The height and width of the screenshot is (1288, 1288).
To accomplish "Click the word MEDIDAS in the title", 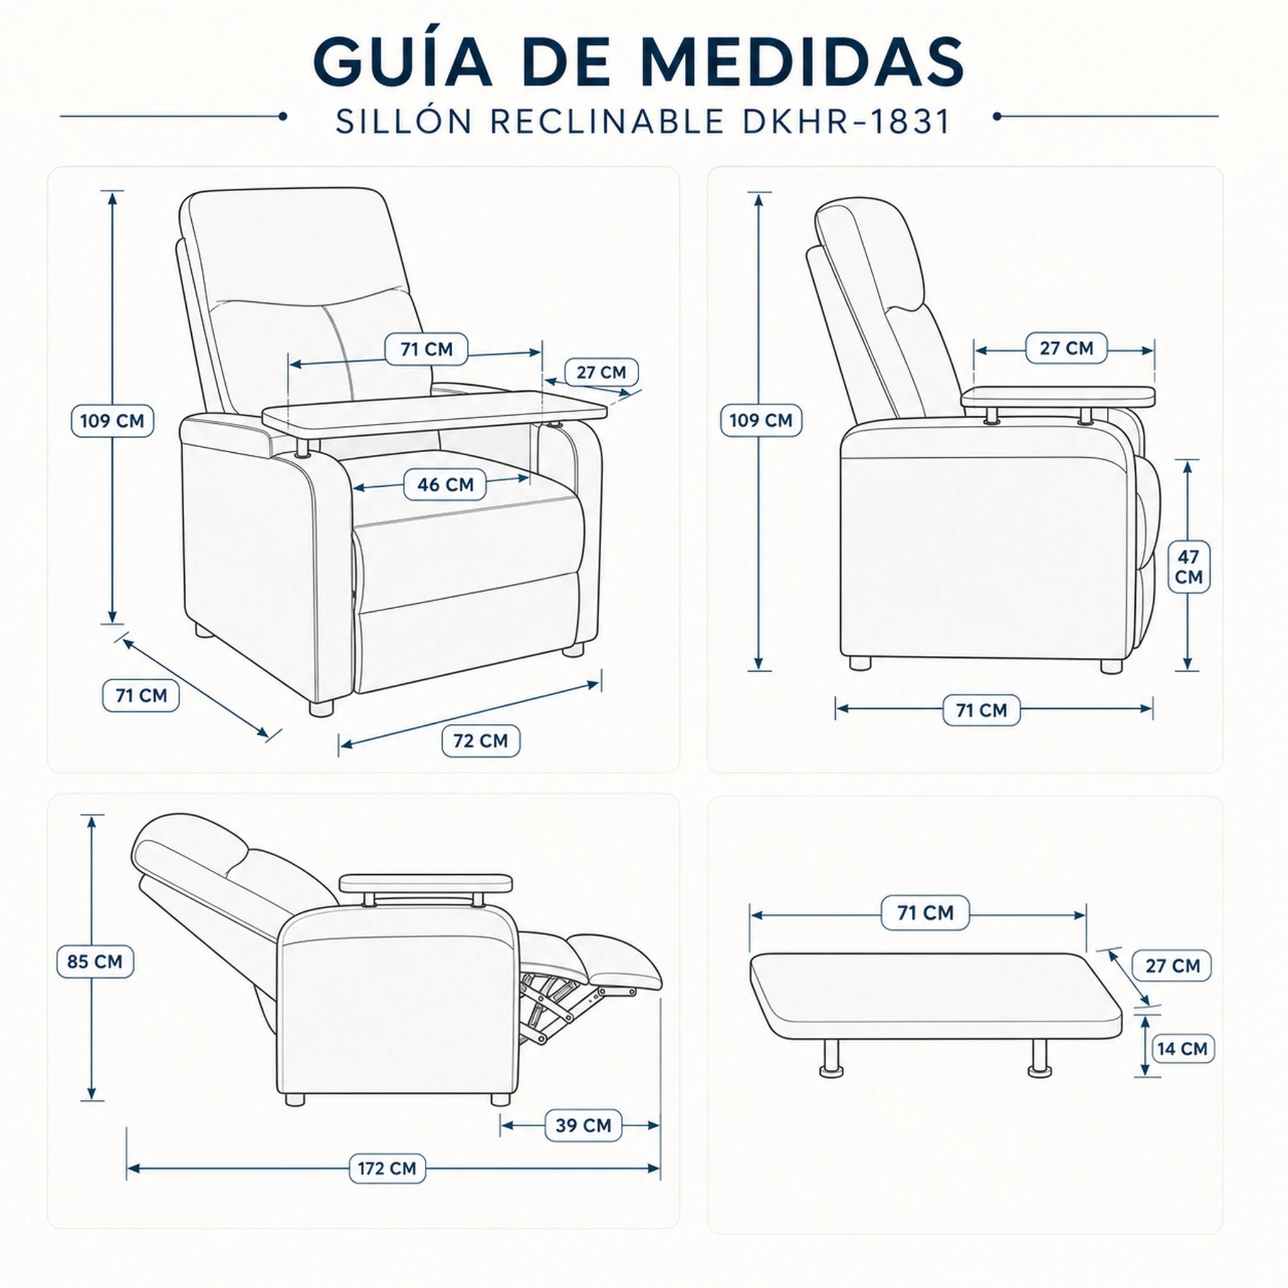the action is point(802,62).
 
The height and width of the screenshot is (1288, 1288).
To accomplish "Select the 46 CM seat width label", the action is point(445,485).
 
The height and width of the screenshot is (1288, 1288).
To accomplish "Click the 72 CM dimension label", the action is point(480,741).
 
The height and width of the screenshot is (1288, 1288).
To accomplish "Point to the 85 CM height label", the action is point(95,962).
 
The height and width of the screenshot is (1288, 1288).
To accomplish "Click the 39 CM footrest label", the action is point(584,1125).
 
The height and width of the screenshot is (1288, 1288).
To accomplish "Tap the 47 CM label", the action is point(1188,567).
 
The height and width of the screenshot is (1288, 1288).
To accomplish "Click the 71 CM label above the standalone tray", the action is point(925,913).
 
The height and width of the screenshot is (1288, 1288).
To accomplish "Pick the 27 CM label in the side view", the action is point(1067,348).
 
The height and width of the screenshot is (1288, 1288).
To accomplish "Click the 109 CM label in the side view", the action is point(761,420).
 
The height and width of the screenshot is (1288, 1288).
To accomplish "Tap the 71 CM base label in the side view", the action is point(981,710).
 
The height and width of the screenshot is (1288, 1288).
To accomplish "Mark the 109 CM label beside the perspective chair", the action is point(112,421).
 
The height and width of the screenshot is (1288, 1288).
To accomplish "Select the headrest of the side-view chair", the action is point(870,253).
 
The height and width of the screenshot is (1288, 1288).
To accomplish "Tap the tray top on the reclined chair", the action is point(426,884).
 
